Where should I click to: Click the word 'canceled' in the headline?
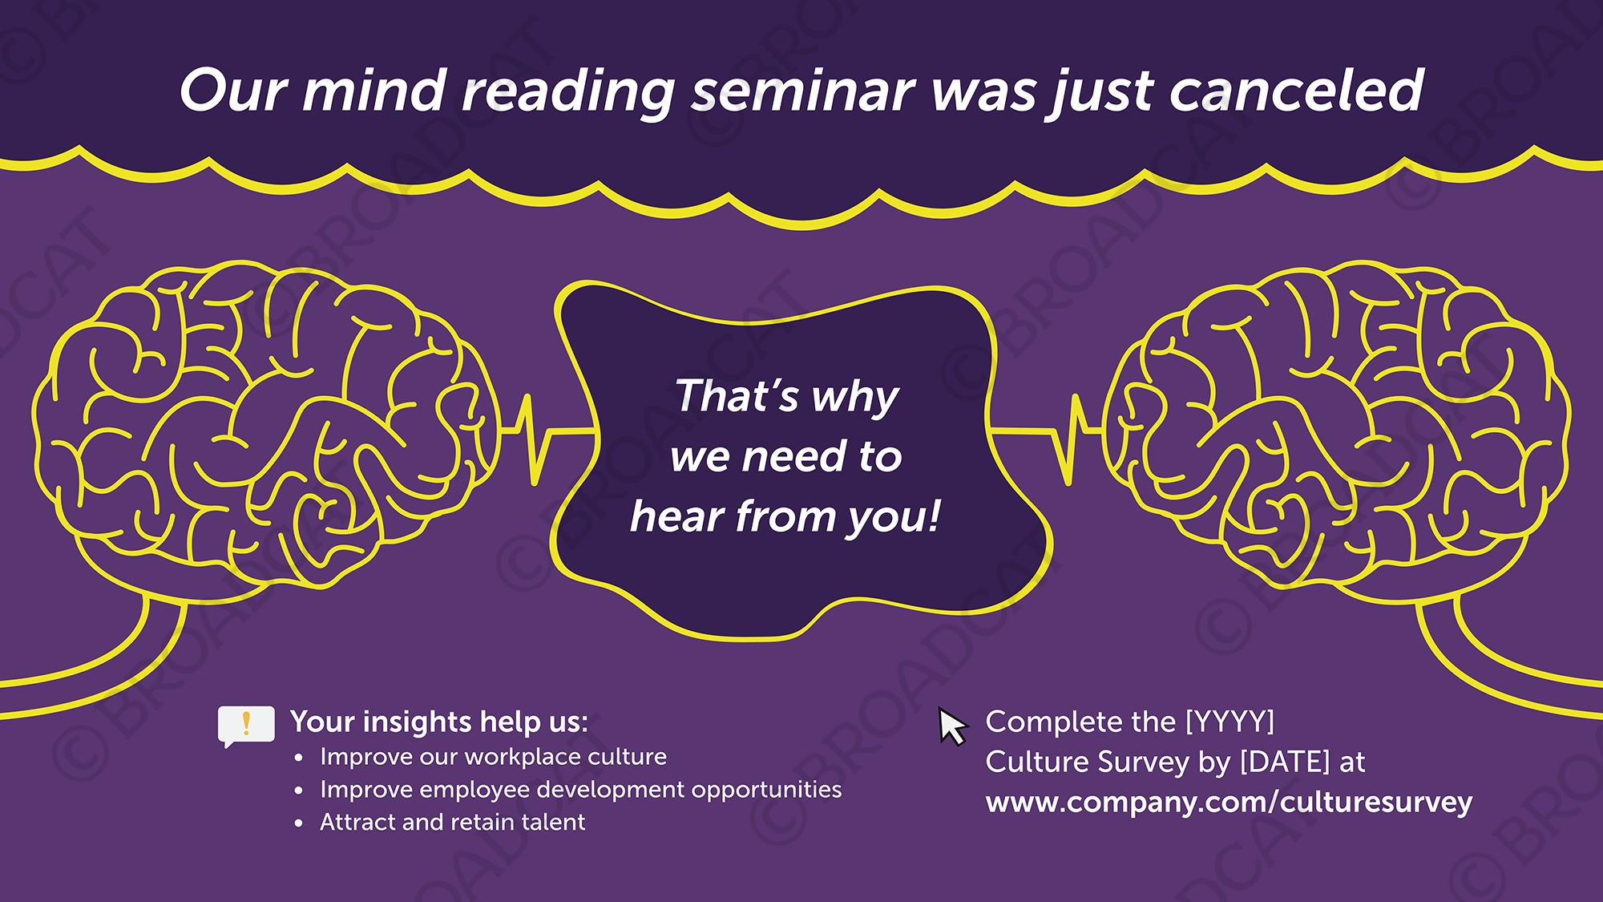pos(1295,90)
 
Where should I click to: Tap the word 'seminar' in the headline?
pos(802,90)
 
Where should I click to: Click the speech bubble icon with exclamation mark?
pos(246,725)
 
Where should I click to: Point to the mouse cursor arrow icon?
pos(952,726)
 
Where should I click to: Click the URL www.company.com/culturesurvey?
pos(1229,803)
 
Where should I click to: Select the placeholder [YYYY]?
pos(1230,722)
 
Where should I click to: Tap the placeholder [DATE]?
pos(1285,762)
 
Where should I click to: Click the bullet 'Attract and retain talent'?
pos(452,823)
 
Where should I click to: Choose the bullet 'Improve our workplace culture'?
pos(493,757)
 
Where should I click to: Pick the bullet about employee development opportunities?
pos(580,790)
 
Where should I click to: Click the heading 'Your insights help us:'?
pos(439,722)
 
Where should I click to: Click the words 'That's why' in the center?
pos(786,396)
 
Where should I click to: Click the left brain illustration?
pos(264,425)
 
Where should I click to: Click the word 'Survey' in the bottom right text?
pos(1144,762)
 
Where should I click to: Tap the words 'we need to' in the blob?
pos(786,457)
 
